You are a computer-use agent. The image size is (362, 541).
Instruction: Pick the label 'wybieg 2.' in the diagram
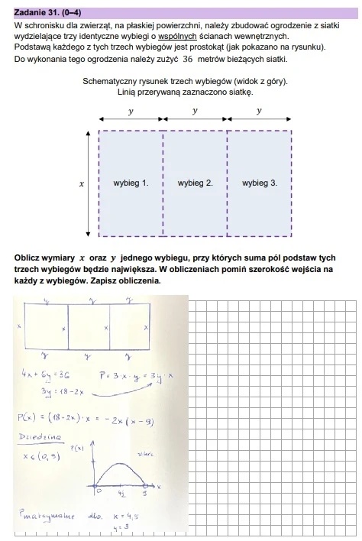[195, 183]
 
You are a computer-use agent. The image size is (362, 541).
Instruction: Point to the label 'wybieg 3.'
[260, 183]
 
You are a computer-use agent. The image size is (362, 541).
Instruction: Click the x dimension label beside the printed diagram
[81, 183]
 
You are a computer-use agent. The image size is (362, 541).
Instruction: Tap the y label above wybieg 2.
[195, 110]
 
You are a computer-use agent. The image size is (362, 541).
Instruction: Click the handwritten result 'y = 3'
[119, 526]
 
